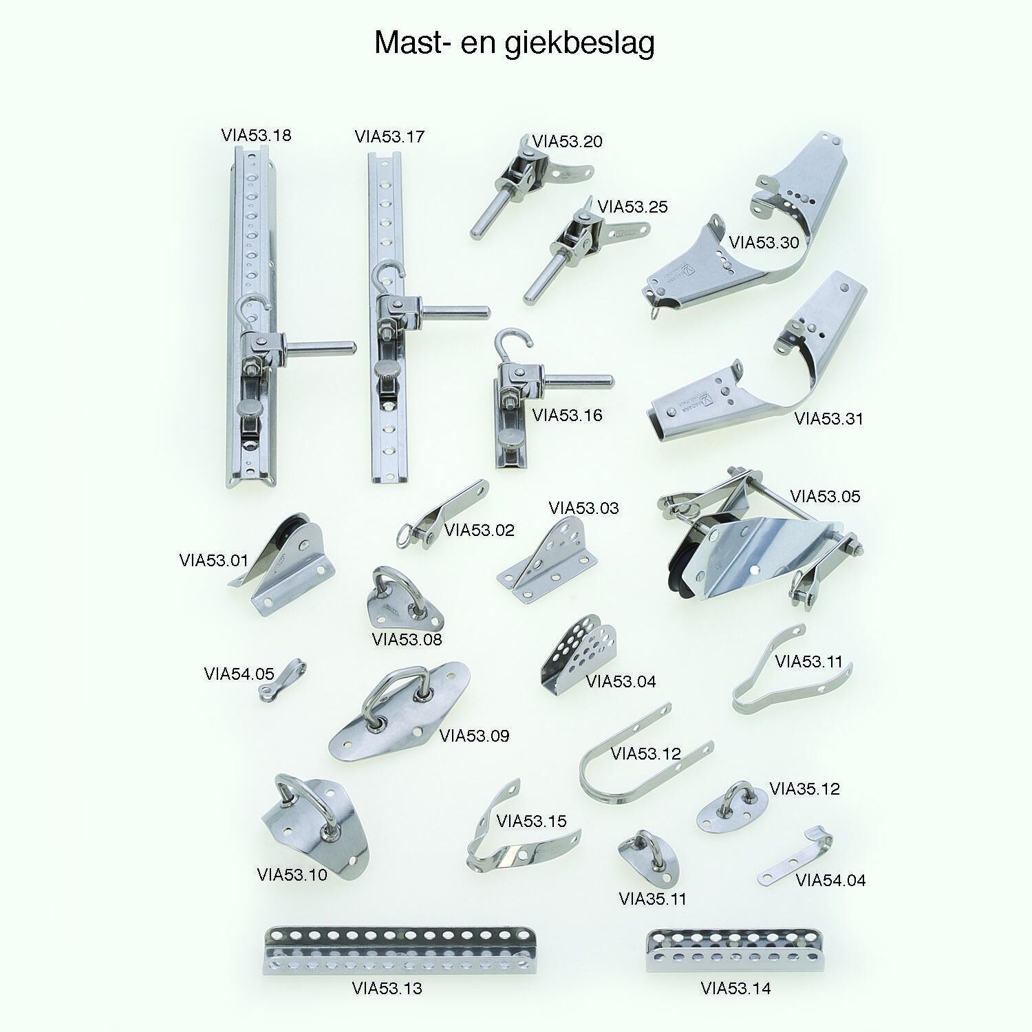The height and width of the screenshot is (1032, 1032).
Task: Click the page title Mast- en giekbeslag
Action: (515, 43)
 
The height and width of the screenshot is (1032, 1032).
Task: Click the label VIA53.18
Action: (256, 135)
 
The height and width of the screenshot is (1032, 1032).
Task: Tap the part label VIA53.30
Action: (764, 242)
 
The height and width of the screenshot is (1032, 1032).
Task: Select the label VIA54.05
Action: (239, 674)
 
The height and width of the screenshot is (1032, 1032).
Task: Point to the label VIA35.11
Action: (653, 899)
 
